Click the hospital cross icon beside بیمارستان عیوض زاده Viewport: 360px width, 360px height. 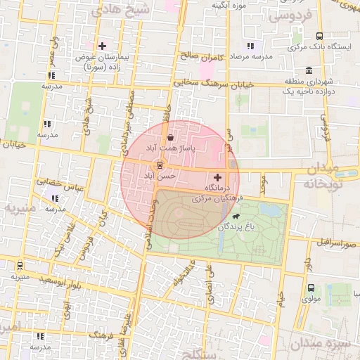click(102, 46)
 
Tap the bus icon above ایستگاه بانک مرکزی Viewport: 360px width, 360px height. click(320, 36)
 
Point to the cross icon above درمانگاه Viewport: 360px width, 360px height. click(217, 178)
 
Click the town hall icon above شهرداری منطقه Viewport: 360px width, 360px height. click(309, 70)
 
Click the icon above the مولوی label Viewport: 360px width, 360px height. click(309, 288)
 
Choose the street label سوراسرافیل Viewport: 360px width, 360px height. click(336, 243)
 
